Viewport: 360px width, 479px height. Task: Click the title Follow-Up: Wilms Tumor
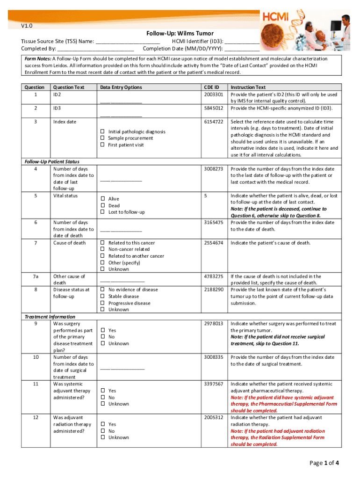point(180,33)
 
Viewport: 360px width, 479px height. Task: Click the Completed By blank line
point(96,48)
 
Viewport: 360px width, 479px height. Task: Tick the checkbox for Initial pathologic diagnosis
point(101,132)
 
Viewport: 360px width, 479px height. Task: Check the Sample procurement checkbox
point(101,138)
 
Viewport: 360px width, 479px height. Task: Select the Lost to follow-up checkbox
point(101,212)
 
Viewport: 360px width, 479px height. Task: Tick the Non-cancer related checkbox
point(101,250)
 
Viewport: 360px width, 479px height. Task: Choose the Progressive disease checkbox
point(101,303)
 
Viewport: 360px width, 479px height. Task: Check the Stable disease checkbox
point(101,297)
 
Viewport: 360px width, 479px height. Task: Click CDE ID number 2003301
point(213,94)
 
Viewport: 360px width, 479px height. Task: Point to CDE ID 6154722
point(213,122)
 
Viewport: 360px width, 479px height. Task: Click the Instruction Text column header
point(248,87)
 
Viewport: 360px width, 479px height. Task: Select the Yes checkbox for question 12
point(101,425)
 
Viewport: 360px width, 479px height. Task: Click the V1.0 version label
point(26,27)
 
